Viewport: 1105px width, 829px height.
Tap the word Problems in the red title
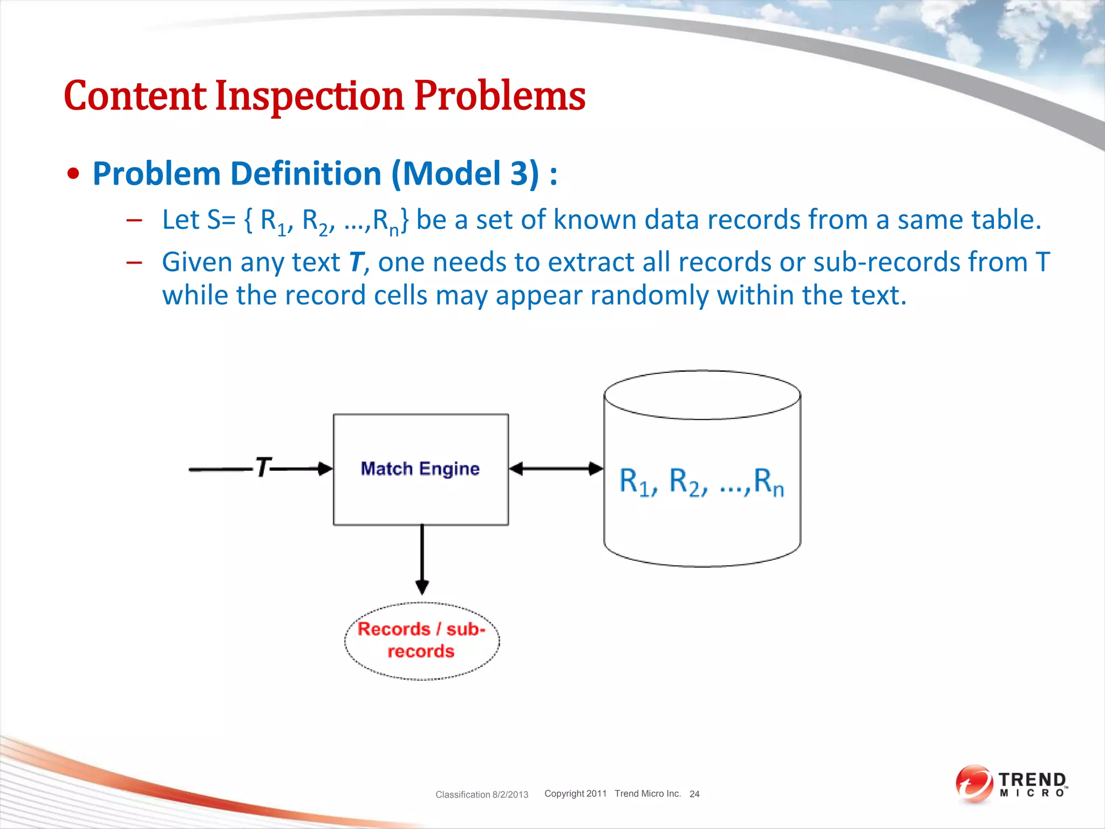[500, 96]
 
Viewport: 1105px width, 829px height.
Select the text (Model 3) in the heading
[465, 174]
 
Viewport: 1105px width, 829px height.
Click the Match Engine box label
[420, 468]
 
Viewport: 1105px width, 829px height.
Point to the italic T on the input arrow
[263, 467]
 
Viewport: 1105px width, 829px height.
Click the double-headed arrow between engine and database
[556, 468]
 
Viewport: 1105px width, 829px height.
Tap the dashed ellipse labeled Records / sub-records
[421, 641]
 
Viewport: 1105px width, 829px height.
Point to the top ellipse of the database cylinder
[702, 395]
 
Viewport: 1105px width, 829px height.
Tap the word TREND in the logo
[1032, 779]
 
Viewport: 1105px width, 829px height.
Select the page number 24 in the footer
[694, 794]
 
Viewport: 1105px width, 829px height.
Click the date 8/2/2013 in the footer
[510, 794]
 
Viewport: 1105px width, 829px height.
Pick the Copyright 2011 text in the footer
[575, 793]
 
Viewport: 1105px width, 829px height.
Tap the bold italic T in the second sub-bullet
[356, 262]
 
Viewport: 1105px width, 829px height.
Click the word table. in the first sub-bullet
[1006, 220]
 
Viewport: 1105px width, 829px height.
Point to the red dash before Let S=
[134, 220]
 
